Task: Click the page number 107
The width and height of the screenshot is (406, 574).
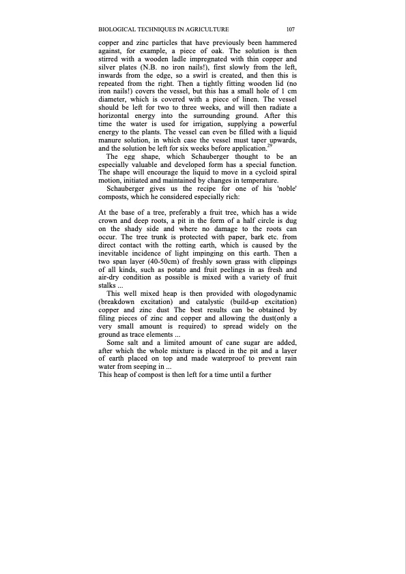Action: pos(290,29)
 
